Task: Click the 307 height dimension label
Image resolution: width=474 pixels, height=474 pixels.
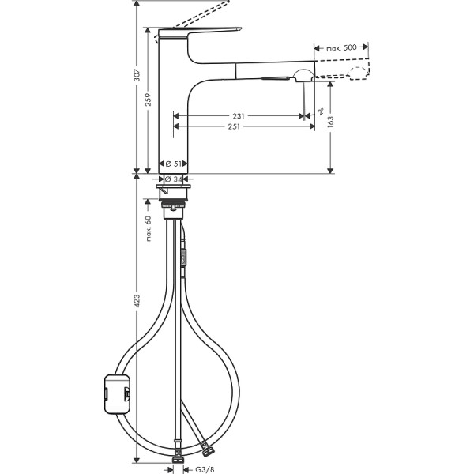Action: [137, 76]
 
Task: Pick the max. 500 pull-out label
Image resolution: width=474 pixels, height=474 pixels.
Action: [344, 49]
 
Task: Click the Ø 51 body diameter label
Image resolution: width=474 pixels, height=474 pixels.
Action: [174, 164]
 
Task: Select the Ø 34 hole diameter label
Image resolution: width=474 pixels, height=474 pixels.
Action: [174, 179]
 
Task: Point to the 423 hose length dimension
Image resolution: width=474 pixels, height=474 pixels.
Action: [137, 303]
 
